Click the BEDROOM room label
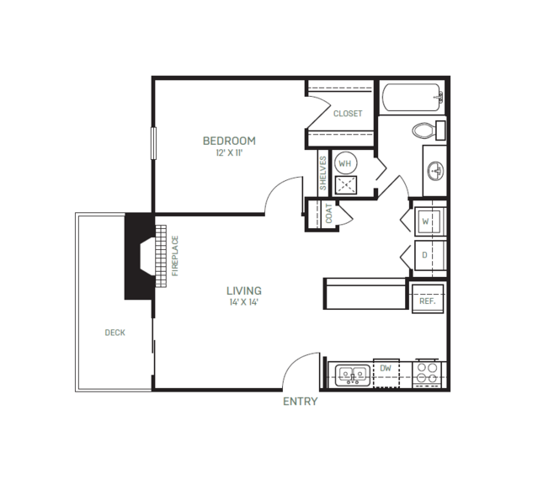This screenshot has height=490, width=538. tap(229, 141)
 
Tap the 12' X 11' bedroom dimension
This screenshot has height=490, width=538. tap(229, 152)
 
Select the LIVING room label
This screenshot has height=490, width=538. tap(244, 291)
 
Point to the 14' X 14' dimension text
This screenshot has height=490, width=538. tap(244, 302)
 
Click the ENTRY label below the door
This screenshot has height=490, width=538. tap(301, 402)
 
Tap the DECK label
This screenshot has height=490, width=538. tap(115, 333)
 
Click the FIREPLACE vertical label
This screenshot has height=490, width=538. tap(175, 256)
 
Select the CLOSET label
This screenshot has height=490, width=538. tap(348, 114)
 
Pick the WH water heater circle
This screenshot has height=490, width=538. tap(345, 163)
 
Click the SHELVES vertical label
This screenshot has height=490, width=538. tap(322, 173)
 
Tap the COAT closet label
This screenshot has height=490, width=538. tap(328, 214)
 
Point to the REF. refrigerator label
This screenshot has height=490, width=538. tap(427, 301)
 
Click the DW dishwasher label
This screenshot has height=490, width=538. tap(386, 369)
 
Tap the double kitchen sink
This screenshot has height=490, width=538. tap(353, 375)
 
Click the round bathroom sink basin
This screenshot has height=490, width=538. tap(435, 171)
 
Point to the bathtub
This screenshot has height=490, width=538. tap(412, 98)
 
